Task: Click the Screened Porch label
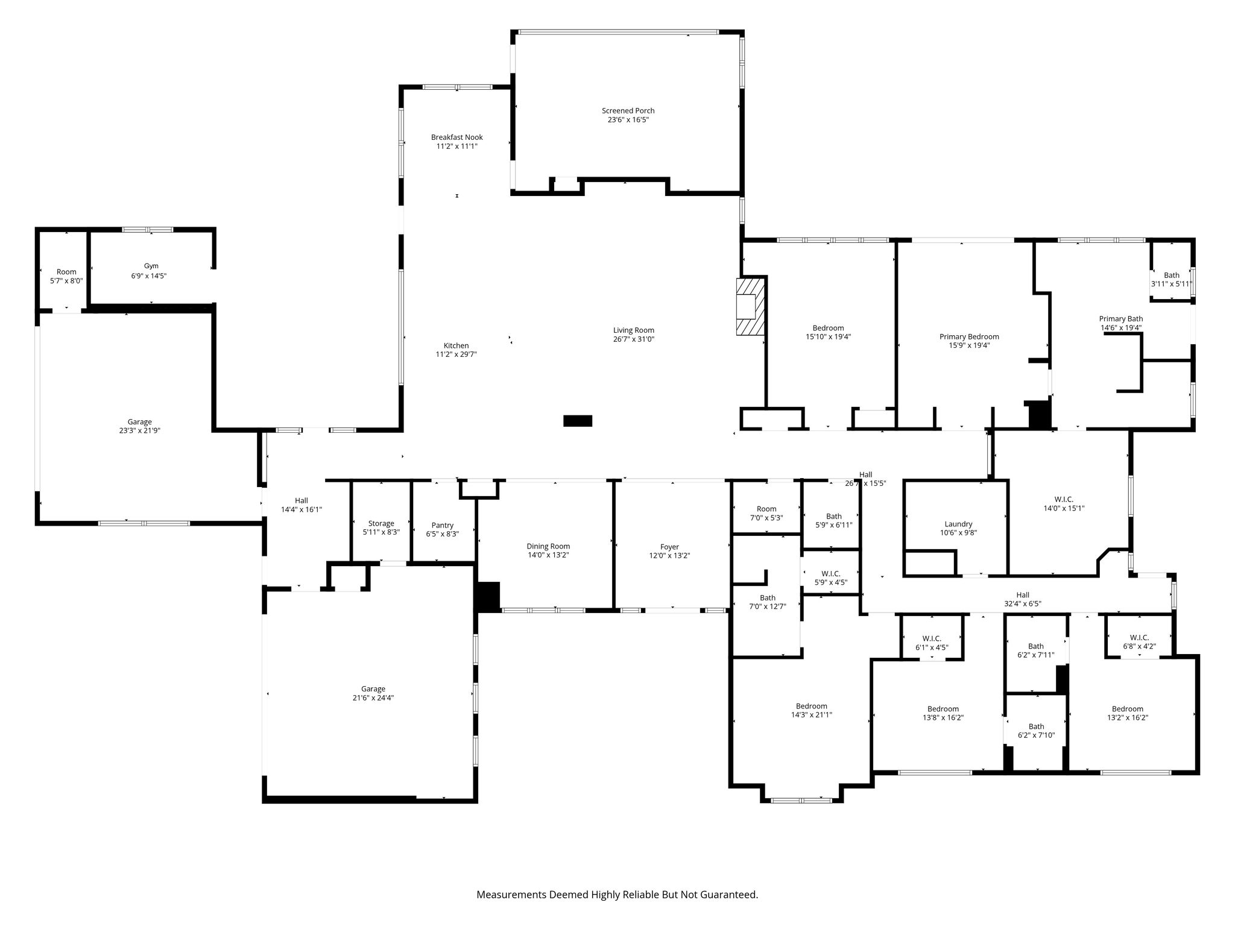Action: click(628, 111)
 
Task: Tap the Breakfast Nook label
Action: click(456, 137)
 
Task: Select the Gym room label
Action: click(151, 266)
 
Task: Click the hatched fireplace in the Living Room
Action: click(751, 306)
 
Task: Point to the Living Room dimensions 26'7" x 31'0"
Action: click(634, 339)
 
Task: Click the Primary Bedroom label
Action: click(969, 337)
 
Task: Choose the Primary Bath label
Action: click(1120, 319)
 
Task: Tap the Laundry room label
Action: click(958, 524)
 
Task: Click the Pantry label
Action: click(443, 526)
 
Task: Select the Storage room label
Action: click(381, 524)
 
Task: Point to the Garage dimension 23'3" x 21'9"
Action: click(139, 431)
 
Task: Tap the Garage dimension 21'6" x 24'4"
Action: click(373, 698)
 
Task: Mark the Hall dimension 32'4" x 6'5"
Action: click(1022, 603)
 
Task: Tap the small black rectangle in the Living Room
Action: click(578, 421)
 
